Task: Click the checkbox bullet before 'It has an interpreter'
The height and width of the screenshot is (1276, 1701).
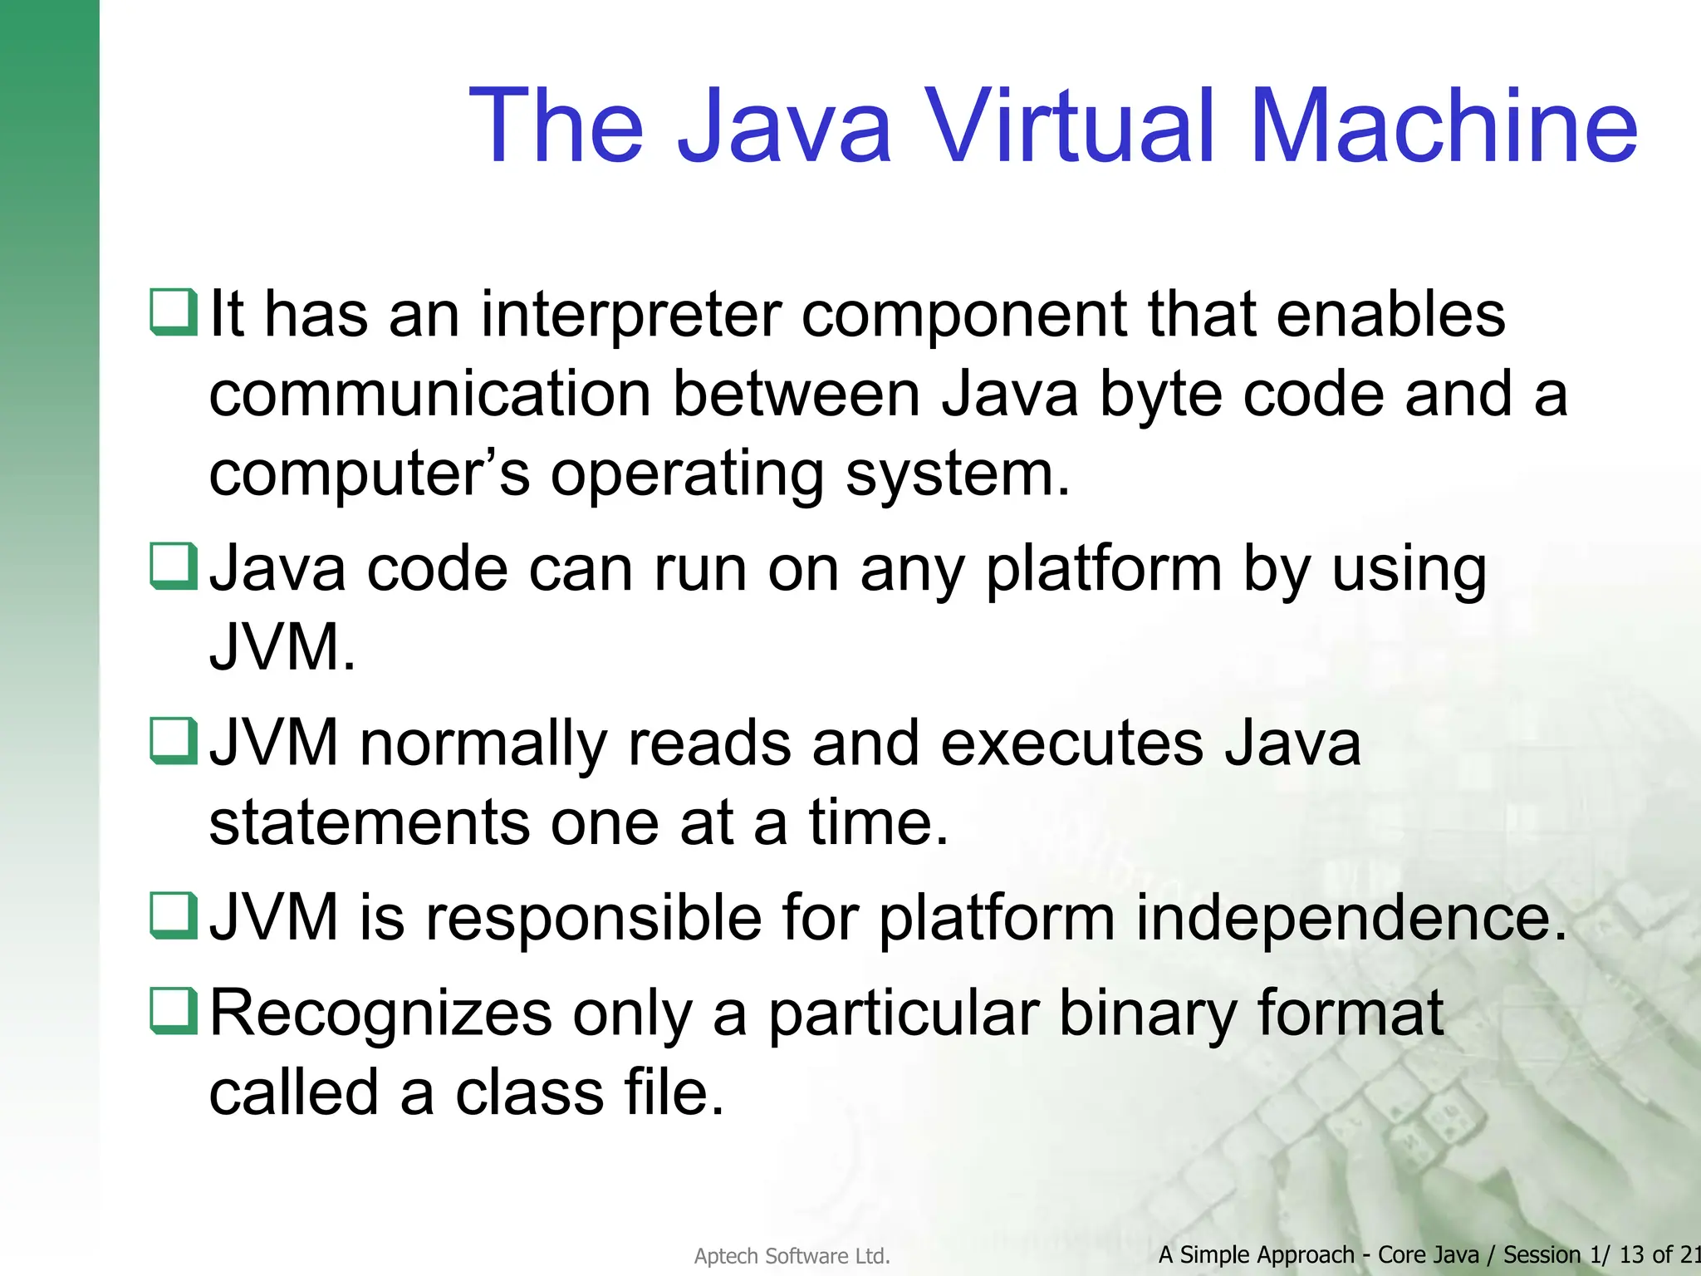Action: (174, 312)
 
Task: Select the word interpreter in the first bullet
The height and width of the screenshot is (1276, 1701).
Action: (630, 316)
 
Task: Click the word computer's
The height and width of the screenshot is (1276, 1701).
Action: (369, 474)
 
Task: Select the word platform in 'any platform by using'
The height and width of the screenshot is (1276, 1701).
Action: (1104, 572)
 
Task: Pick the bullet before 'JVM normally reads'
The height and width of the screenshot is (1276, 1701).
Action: (174, 741)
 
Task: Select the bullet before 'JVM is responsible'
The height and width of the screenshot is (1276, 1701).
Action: (174, 915)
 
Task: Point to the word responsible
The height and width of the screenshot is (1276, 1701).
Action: (594, 919)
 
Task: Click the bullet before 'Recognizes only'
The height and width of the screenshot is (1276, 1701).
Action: (174, 1010)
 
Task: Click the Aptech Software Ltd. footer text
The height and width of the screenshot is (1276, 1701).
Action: (792, 1256)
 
